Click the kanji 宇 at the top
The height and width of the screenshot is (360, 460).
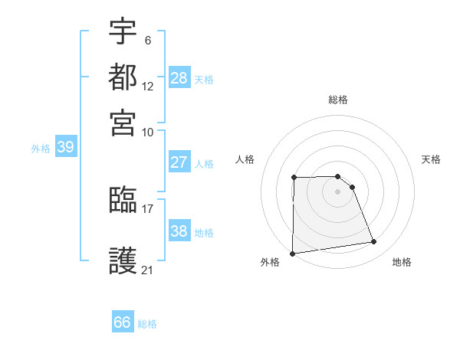(x=123, y=33)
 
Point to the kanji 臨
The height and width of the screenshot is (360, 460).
(x=123, y=201)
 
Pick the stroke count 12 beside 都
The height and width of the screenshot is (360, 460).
(x=147, y=87)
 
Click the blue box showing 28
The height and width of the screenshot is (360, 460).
(x=179, y=77)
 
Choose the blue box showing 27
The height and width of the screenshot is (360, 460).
(x=179, y=162)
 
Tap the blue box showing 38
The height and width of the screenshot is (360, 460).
(x=179, y=231)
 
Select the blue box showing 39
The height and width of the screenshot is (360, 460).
(x=65, y=148)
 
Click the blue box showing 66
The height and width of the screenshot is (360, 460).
(x=123, y=322)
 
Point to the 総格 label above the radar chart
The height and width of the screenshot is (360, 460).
(x=338, y=100)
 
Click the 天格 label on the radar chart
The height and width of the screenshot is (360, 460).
(x=431, y=159)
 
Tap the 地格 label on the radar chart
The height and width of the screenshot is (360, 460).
(x=402, y=263)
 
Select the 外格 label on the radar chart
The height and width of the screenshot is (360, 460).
(x=270, y=263)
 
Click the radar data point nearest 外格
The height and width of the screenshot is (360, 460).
(x=292, y=254)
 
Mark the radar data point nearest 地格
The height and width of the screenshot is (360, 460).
(x=374, y=242)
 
